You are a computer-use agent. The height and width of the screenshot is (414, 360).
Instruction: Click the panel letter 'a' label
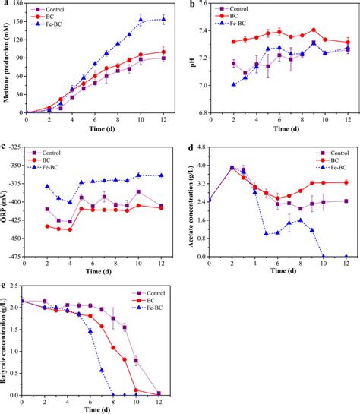coord(5,5)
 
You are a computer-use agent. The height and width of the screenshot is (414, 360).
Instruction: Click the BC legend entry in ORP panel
coord(61,160)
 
